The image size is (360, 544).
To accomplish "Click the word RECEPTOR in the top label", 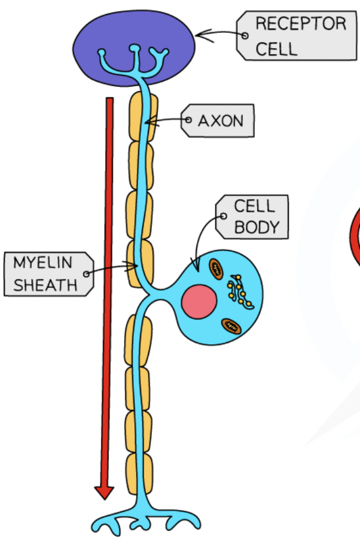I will coord(300,24).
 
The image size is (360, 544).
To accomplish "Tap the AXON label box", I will coord(220,120).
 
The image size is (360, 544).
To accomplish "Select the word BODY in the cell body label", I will coord(256,228).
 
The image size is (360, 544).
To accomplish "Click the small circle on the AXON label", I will coord(189,120).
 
